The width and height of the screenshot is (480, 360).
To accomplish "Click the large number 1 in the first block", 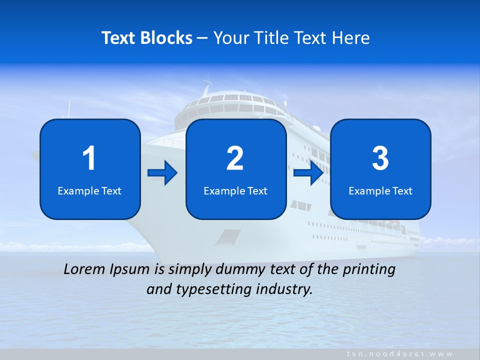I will pos(89,158).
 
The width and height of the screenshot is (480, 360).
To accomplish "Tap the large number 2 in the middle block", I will pos(235,158).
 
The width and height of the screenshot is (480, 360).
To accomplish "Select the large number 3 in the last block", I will pos(380,158).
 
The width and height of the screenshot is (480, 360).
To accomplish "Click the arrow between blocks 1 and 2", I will pos(162,173).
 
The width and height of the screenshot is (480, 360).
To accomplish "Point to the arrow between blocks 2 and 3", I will pos(308,173).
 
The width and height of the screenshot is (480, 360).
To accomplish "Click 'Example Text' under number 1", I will pos(89,190).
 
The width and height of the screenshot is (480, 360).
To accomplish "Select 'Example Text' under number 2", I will pos(235,190).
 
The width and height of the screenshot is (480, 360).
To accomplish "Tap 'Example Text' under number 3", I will pos(380,190).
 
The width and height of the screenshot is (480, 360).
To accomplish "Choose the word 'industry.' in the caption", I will pos(284,289).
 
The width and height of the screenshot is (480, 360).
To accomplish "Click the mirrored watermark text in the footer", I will pos(400,354).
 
